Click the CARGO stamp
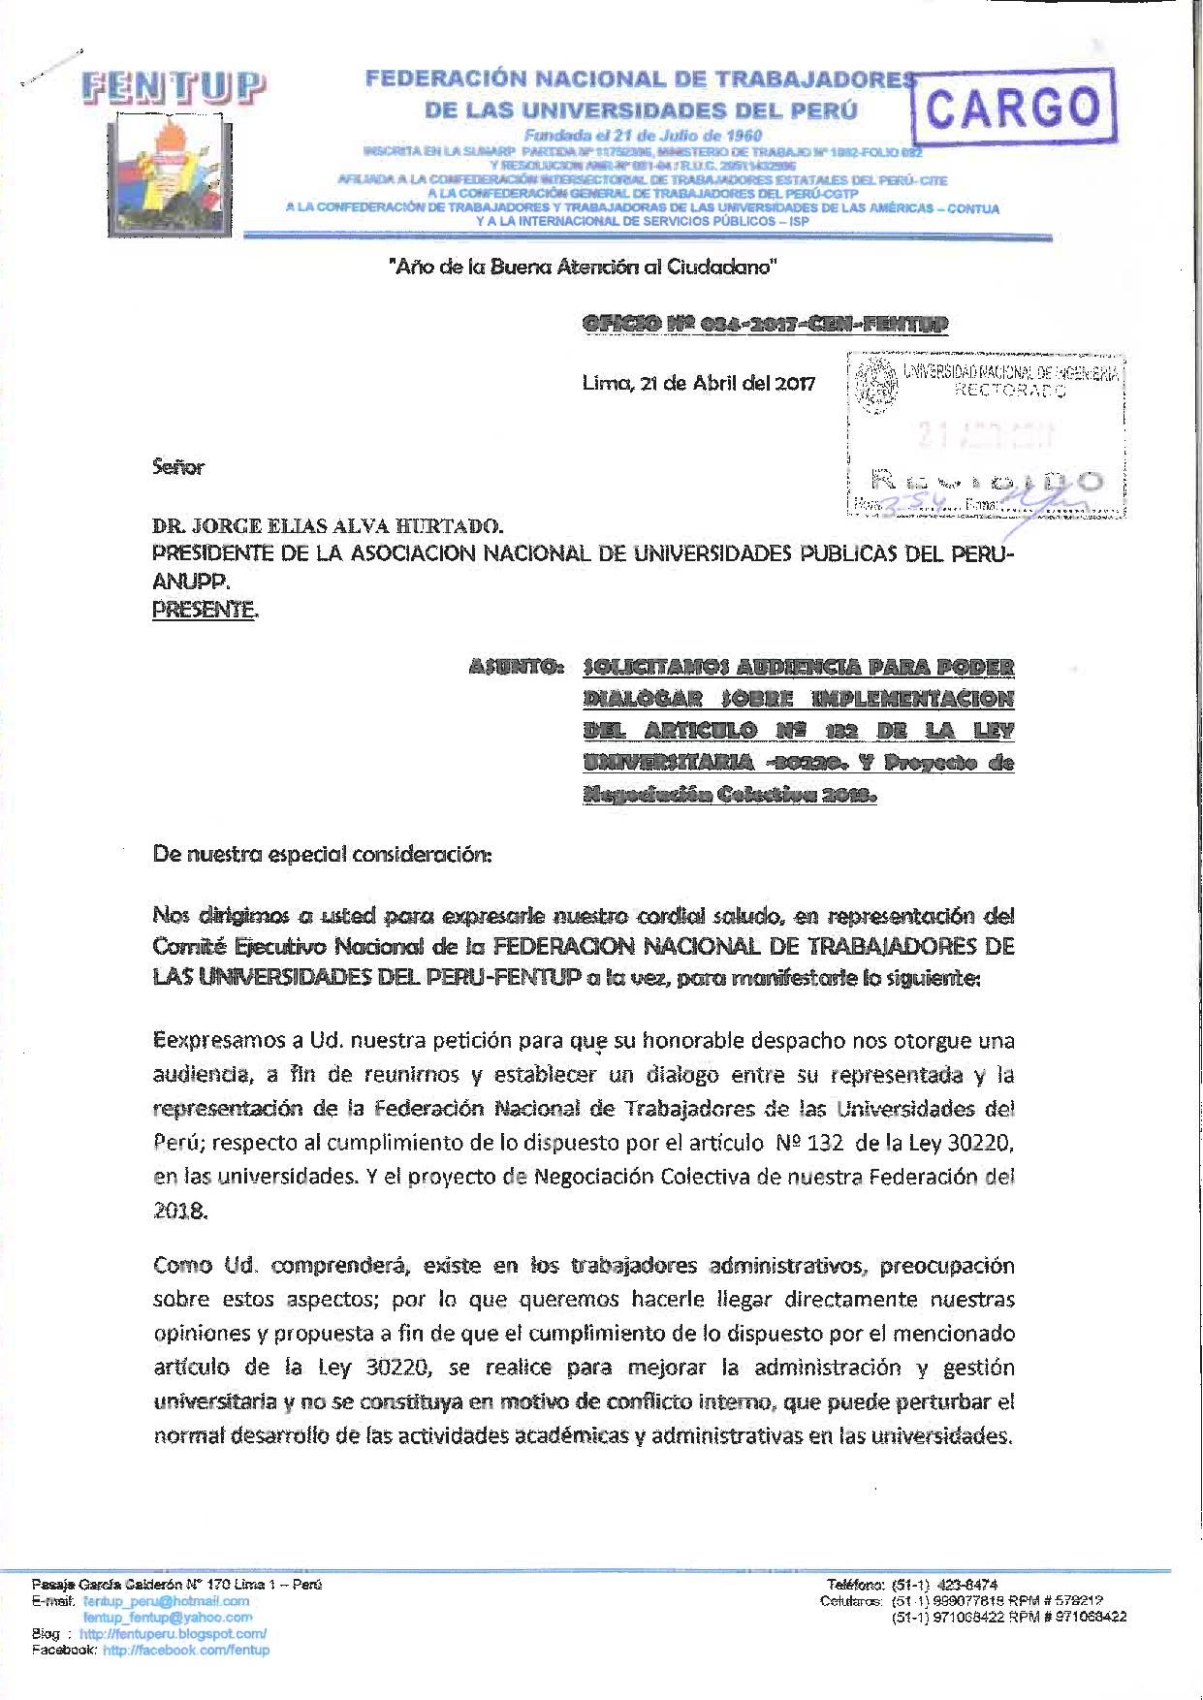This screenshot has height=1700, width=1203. pyautogui.click(x=1014, y=106)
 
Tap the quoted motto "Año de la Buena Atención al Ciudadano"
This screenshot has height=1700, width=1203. pyautogui.click(x=583, y=267)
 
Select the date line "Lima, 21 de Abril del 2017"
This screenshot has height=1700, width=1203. pyautogui.click(x=698, y=382)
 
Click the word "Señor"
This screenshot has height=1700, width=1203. pyautogui.click(x=178, y=467)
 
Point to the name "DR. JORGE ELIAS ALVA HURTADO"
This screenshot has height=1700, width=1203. pyautogui.click(x=327, y=527)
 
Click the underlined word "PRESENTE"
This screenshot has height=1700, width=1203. pyautogui.click(x=205, y=611)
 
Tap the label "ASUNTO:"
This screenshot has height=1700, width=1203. pyautogui.click(x=516, y=667)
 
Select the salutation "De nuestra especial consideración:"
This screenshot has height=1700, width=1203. pyautogui.click(x=323, y=856)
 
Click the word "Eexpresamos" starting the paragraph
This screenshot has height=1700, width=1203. pyautogui.click(x=214, y=1041)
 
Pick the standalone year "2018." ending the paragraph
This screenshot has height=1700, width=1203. pyautogui.click(x=180, y=1212)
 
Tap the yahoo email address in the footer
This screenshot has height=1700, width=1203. pyautogui.click(x=168, y=1617)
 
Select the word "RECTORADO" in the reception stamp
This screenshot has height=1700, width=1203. pyautogui.click(x=1010, y=392)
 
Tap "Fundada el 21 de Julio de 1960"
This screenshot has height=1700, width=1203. pyautogui.click(x=643, y=136)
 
